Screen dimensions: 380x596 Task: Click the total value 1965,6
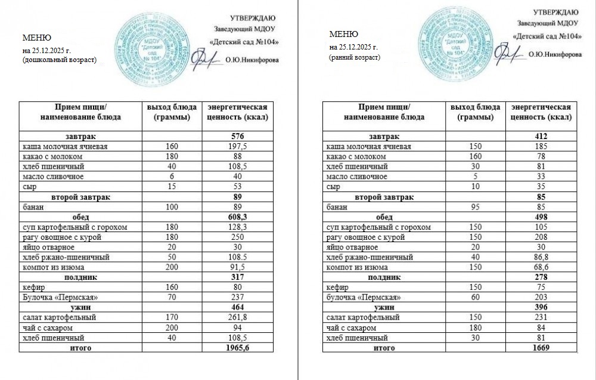pyautogui.click(x=237, y=348)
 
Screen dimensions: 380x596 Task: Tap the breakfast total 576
pyautogui.click(x=237, y=137)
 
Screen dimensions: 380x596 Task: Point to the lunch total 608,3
pyautogui.click(x=237, y=217)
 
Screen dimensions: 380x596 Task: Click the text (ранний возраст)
pyautogui.click(x=355, y=57)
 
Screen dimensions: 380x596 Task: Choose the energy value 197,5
pyautogui.click(x=237, y=147)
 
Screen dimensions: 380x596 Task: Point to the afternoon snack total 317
pyautogui.click(x=237, y=277)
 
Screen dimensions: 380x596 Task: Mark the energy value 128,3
pyautogui.click(x=237, y=227)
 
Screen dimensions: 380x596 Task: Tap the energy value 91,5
pyautogui.click(x=237, y=267)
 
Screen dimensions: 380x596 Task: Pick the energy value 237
pyautogui.click(x=237, y=297)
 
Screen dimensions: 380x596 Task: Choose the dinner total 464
pyautogui.click(x=237, y=307)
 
